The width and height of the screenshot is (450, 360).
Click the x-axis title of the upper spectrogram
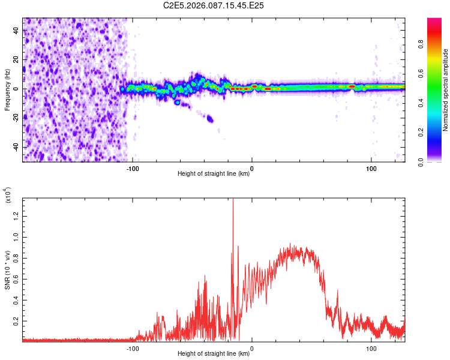[214, 174]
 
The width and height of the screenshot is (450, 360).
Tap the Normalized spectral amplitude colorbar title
[446, 90]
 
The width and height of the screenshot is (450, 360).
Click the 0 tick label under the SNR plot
[251, 347]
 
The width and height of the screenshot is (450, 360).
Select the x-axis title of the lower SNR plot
[214, 354]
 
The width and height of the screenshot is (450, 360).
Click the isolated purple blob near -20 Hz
[210, 119]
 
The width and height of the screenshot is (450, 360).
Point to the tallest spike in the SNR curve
[233, 201]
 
